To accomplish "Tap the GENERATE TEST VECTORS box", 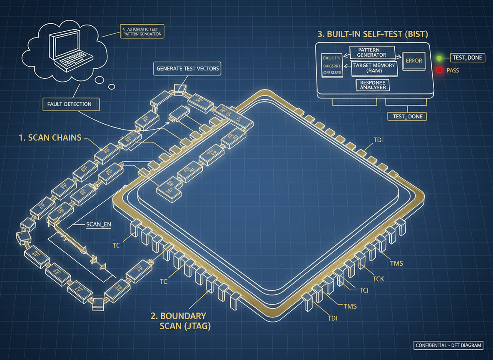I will pyautogui.click(x=187, y=68).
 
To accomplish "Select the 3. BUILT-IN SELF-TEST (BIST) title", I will pyautogui.click(x=373, y=34).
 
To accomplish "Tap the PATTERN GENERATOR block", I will pyautogui.click(x=372, y=52).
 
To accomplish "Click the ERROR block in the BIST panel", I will pyautogui.click(x=413, y=60).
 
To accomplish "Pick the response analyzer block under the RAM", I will pyautogui.click(x=372, y=85).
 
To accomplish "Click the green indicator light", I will pyautogui.click(x=439, y=57).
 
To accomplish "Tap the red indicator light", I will pyautogui.click(x=439, y=70).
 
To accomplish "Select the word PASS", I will pyautogui.click(x=453, y=70).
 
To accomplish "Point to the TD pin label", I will pyautogui.click(x=377, y=140).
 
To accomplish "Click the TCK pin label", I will pyautogui.click(x=378, y=279).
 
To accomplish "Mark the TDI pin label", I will pyautogui.click(x=332, y=319).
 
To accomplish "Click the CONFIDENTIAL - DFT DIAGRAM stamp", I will pyautogui.click(x=449, y=345).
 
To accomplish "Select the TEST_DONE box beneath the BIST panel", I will pyautogui.click(x=407, y=116).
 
